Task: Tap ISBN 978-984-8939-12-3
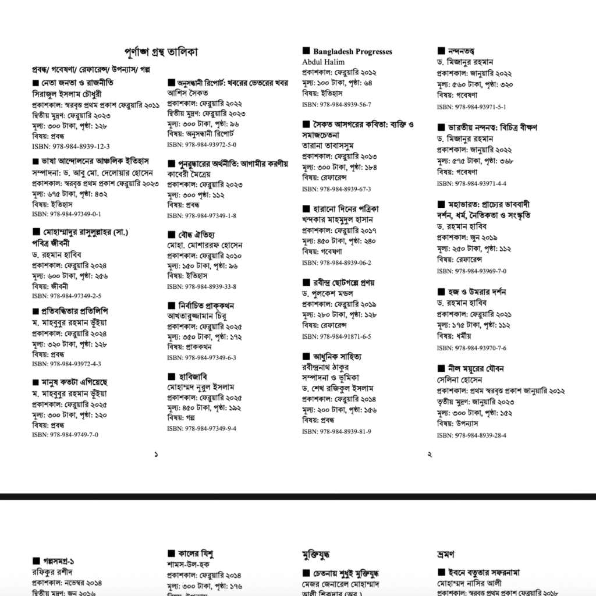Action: point(70,146)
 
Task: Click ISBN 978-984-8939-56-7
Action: point(336,105)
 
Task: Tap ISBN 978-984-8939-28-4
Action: point(471,435)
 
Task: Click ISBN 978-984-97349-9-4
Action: point(201,428)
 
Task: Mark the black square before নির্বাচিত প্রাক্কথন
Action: point(172,305)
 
